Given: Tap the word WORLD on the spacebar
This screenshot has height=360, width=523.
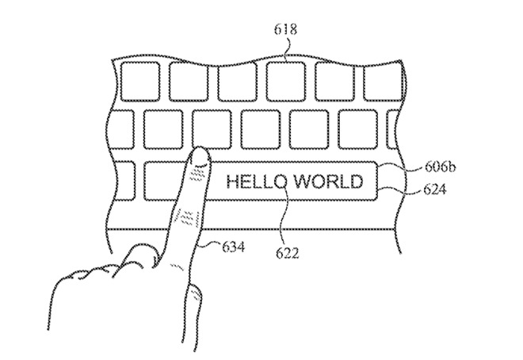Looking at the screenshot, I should click(x=329, y=182).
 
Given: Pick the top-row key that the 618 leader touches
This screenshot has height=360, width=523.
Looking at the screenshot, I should click(x=287, y=82).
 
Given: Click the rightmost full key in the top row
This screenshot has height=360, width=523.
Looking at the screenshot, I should click(x=384, y=82).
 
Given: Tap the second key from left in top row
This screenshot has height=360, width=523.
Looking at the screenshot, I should click(x=190, y=82).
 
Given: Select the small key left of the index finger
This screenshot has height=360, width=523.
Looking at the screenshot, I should click(x=164, y=181).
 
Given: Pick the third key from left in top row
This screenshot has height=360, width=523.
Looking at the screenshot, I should click(x=239, y=82).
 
